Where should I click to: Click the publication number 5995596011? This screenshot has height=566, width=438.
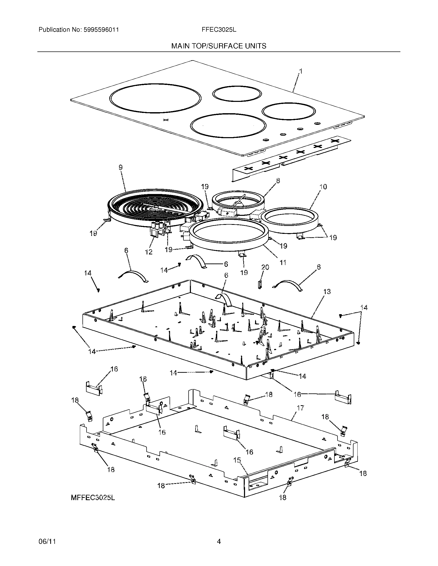pos(101,30)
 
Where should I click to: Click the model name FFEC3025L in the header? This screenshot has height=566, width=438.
pos(219,30)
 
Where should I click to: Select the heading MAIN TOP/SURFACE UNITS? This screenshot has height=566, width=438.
pos(219,46)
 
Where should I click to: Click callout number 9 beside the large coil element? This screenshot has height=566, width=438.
pos(121,168)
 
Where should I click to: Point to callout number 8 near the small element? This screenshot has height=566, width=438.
pos(278,181)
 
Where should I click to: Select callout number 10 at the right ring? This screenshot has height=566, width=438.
pos(323,187)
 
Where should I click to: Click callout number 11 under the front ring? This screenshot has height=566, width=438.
pos(283,262)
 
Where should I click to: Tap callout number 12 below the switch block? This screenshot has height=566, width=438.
pos(149,252)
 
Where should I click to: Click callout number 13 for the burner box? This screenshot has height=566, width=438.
pos(327,291)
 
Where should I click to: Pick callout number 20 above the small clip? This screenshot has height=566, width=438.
pos(265,267)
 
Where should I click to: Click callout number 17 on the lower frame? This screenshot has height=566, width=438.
pos(300,408)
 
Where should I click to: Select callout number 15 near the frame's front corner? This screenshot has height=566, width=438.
pos(237,460)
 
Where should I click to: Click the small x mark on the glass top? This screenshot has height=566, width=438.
pos(166,120)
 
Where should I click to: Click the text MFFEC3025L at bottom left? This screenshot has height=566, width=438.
pos(93,498)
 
